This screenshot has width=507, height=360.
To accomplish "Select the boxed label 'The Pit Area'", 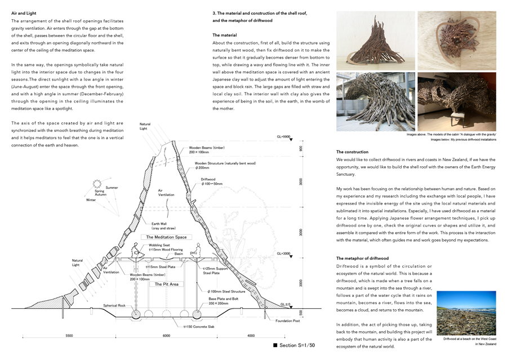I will pos(167,284).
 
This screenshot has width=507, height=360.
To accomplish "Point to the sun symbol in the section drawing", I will pos(96,183).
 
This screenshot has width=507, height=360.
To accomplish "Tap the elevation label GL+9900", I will pos(283,136).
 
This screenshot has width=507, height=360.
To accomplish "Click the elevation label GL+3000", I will pos(283,254).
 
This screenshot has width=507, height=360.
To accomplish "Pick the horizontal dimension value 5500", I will pos(69,336).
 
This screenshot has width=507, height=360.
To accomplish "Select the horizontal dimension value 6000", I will pos(167,336).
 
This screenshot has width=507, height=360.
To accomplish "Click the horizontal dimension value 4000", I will pos(251,336).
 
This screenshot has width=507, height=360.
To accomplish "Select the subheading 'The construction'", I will pos(352,152).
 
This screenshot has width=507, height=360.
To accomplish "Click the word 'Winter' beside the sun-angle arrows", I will pos(91,199).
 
